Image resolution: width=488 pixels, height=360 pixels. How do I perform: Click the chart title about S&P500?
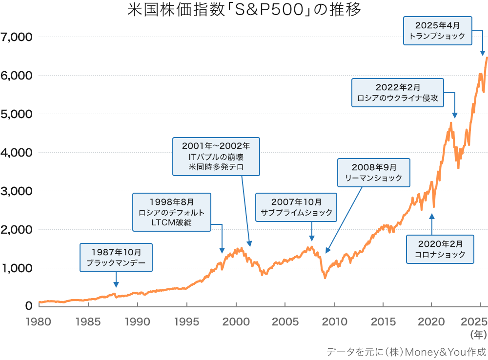244,10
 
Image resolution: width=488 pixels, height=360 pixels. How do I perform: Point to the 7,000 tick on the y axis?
16,37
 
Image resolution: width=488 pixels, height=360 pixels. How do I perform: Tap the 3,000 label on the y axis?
16,191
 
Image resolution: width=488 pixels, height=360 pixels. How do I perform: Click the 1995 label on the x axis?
187,321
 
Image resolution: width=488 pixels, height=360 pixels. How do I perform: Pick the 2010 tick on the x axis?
334,321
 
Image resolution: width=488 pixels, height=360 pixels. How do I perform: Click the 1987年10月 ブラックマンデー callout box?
116,258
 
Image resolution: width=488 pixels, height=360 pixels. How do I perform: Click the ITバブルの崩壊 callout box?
216,156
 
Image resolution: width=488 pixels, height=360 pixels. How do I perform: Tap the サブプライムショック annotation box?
297,207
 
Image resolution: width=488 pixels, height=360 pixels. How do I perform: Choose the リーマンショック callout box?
374,172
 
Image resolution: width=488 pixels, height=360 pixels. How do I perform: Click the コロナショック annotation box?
440,249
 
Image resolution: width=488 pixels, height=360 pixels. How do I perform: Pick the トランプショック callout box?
437,30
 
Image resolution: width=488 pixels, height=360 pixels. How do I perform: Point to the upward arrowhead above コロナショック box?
431,216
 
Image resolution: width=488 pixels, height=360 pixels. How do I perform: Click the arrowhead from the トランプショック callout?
483,54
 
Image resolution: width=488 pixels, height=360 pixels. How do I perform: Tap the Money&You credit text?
407,351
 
